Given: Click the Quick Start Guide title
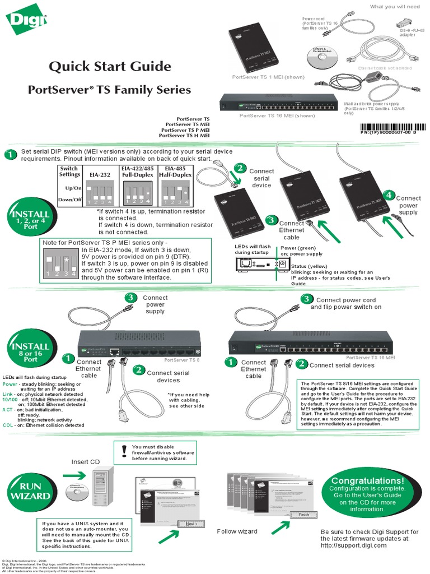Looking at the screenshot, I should click(x=110, y=67).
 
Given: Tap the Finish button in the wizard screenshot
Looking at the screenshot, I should click(x=303, y=515).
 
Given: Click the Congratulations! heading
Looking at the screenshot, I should click(x=367, y=481).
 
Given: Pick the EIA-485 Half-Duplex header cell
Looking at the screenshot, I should click(x=176, y=172).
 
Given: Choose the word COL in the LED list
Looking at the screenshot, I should click(x=8, y=425).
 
